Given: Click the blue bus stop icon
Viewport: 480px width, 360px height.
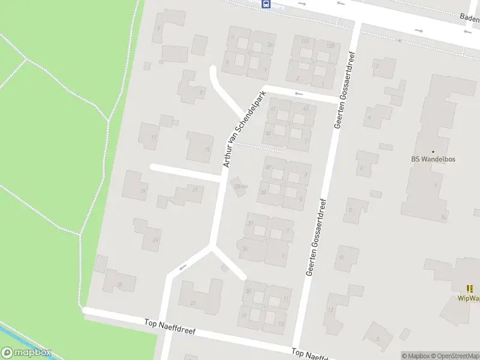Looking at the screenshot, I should [266, 4].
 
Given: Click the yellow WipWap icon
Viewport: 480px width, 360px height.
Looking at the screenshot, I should [470, 289].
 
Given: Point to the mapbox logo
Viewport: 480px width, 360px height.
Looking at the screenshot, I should [26, 353].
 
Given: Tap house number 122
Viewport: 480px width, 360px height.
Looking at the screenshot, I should [305, 40].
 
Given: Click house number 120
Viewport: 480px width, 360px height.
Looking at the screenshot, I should [329, 46].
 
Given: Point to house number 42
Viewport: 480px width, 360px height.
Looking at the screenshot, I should [305, 108].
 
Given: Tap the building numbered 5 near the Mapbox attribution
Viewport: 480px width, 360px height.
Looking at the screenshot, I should [378, 337].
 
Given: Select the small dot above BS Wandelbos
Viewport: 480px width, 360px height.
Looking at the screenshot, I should [433, 152].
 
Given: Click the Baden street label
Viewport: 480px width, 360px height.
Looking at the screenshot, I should [469, 18].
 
